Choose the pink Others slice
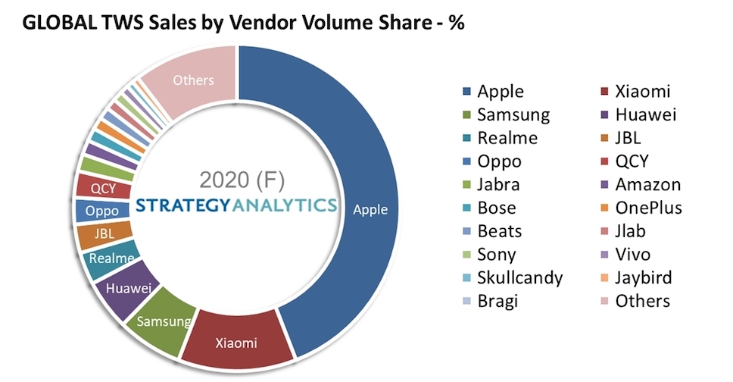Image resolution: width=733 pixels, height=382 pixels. coord(193,80)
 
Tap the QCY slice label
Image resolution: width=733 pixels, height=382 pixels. coord(102,188)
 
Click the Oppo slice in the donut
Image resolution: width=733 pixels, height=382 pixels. coord(101,211)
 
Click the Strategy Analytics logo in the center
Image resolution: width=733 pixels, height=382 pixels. coord(237,205)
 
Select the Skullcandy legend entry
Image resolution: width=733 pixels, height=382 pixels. coord(519,277)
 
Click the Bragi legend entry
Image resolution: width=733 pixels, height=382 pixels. coord(498,301)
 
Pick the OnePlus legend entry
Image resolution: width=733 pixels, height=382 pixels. coord(647,208)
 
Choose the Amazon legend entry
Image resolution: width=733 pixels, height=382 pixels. coord(646,184)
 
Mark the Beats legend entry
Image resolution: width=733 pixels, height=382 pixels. coord(499,231)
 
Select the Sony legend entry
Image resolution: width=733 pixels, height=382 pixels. coord(498,255)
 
